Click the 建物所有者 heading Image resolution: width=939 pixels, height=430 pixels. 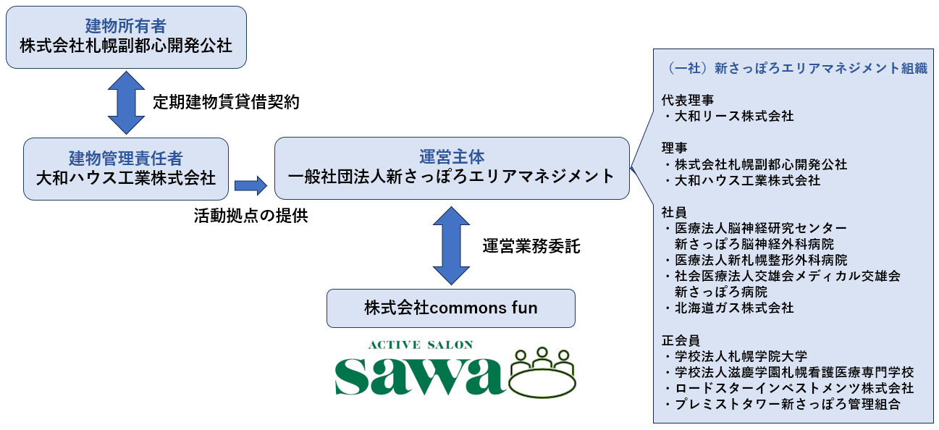tap(126, 26)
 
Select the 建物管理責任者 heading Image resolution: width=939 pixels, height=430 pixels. tap(126, 159)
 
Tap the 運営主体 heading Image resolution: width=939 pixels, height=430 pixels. tap(452, 157)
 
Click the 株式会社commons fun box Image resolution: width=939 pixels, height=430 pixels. tap(450, 308)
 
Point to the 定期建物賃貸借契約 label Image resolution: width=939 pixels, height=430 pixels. tap(226, 102)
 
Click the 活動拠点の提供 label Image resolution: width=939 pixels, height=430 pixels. tap(250, 216)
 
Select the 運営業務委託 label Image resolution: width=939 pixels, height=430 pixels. tap(531, 246)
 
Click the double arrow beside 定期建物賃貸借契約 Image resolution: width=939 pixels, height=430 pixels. tap(126, 103)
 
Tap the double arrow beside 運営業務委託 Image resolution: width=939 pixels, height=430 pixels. tap(451, 245)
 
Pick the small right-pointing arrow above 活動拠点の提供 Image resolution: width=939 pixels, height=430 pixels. tap(250, 185)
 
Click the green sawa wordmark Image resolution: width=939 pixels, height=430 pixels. tap(420, 375)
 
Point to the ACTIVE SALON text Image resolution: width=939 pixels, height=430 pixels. tap(421, 345)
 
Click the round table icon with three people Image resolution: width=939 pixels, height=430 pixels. tap(542, 373)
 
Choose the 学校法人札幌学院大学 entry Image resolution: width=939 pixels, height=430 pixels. tap(736, 356)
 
